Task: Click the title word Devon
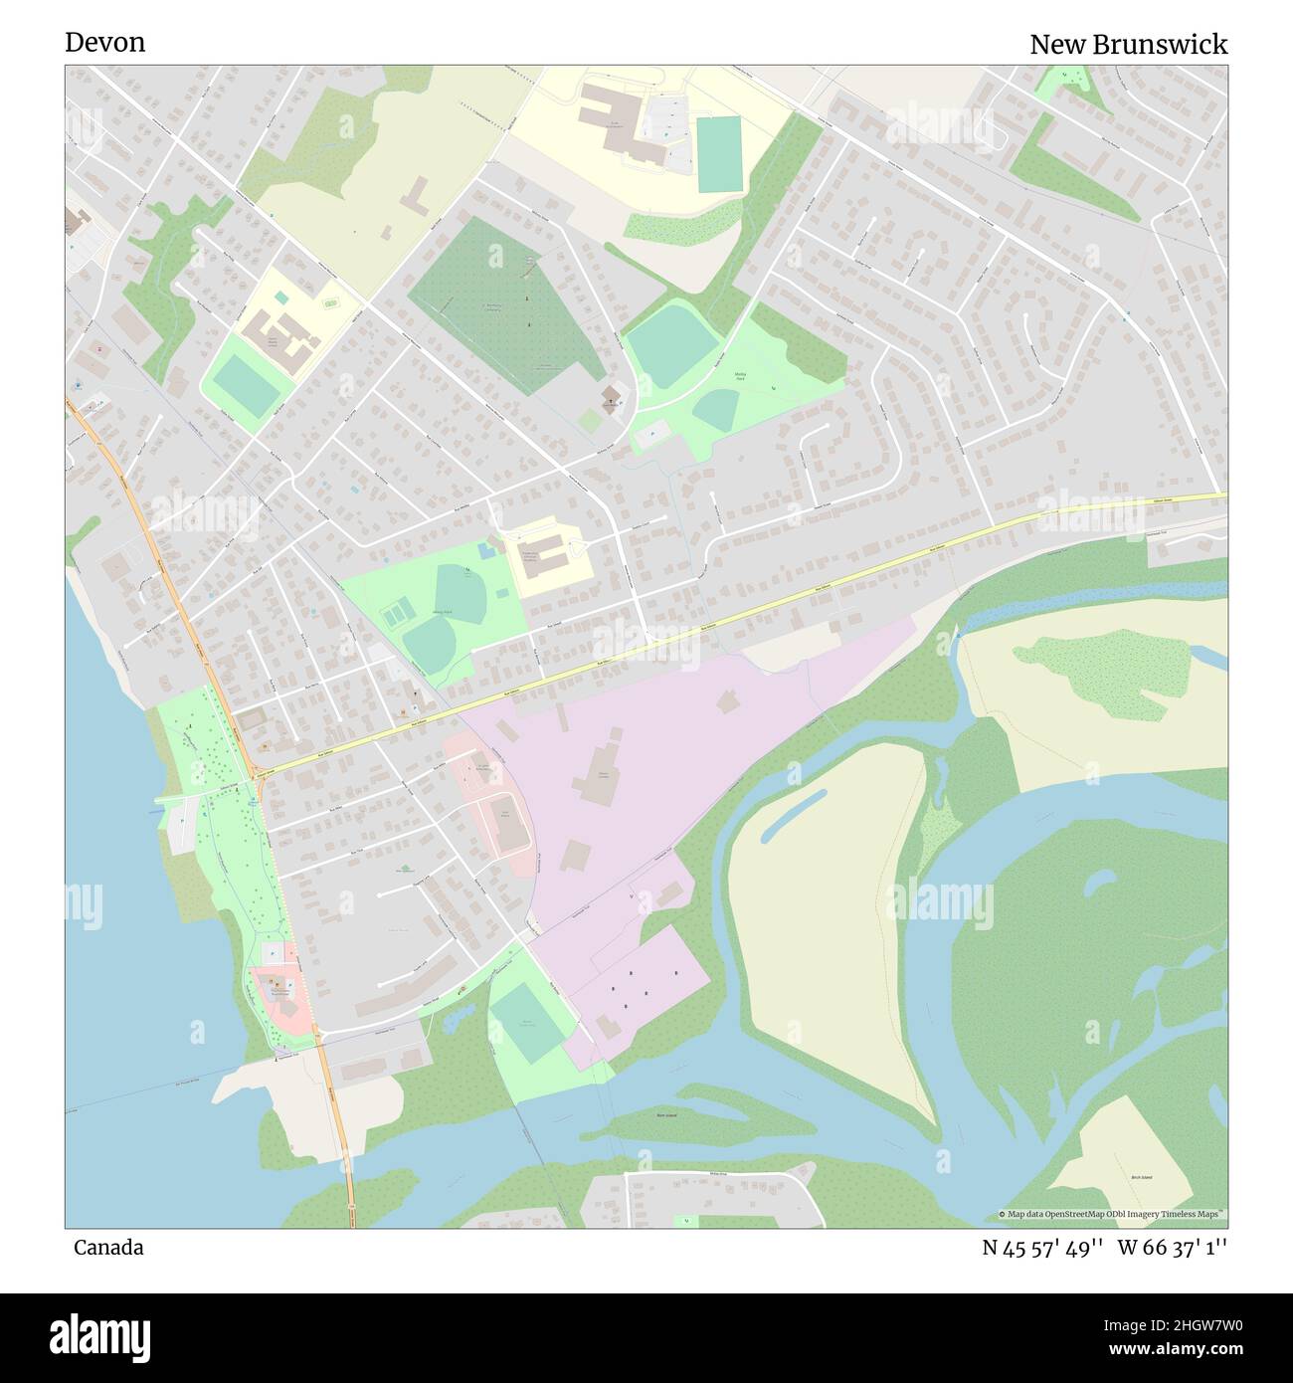(x=104, y=42)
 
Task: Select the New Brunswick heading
(x=1128, y=44)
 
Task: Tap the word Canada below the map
(x=107, y=1247)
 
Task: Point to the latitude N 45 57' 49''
(x=1042, y=1247)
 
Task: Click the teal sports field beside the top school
(x=719, y=154)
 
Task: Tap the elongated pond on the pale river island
(x=792, y=813)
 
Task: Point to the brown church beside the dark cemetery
(x=611, y=398)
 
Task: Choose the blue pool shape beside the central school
(x=484, y=549)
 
